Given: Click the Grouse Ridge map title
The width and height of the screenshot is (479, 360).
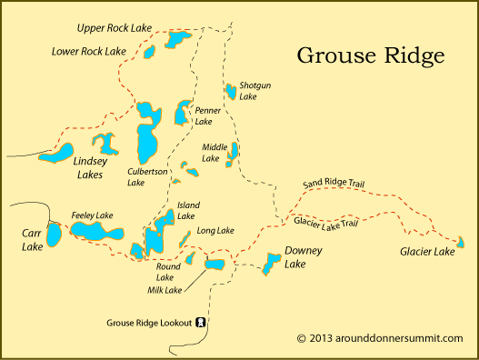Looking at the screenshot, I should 371,55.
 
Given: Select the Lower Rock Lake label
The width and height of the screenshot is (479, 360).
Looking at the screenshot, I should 88,51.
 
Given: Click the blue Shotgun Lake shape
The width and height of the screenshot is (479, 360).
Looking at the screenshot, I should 231,91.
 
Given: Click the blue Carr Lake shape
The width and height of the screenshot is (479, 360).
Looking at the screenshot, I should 55,235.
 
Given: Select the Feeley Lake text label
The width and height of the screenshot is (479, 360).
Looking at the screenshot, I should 92,215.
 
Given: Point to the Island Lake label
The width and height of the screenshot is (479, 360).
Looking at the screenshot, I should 188,211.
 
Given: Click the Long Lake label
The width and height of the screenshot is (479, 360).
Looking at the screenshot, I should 215,230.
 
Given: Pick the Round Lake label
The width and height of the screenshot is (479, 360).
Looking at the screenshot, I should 168,273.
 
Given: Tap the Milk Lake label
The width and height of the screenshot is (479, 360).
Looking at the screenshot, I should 165,290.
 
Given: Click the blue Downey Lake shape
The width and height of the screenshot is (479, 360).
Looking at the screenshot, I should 271,265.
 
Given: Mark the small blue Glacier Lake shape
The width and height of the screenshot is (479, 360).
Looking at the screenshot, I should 461,242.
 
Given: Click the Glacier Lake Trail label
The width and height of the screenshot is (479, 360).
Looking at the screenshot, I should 325,222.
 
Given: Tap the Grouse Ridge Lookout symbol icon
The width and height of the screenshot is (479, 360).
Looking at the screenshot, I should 200,323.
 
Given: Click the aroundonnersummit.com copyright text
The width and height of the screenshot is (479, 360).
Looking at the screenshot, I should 380,338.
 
